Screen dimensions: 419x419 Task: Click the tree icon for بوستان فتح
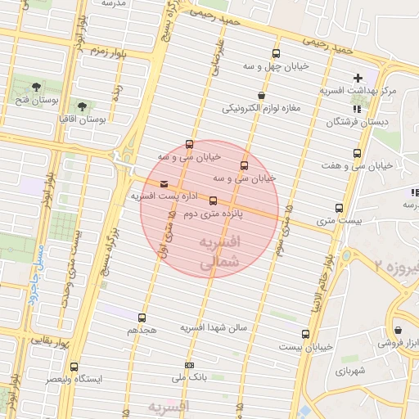coord(36,87)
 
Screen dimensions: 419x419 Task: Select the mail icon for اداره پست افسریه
coord(164,184)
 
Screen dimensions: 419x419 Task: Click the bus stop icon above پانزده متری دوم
coord(214,200)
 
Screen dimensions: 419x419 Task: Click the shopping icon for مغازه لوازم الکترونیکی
coord(261,95)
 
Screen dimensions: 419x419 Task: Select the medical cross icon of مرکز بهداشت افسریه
coord(358,78)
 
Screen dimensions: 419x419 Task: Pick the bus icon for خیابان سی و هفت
coord(357,153)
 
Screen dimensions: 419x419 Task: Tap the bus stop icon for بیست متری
coord(339,208)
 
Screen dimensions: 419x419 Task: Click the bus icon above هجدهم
coord(142,318)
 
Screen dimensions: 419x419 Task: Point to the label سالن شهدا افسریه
coord(214,328)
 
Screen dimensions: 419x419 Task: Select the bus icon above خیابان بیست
coord(305,334)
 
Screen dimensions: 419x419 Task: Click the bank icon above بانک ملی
coord(191,365)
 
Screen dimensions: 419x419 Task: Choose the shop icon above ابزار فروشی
coord(398,331)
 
